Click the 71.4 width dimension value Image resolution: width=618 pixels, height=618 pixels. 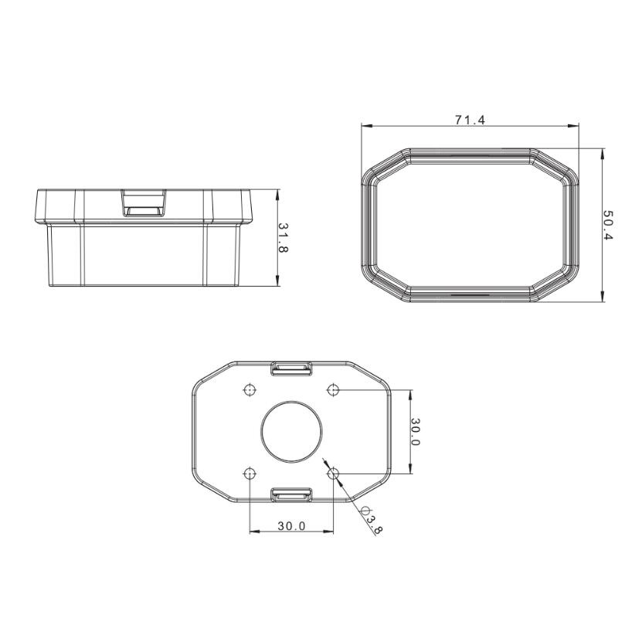coord(470,120)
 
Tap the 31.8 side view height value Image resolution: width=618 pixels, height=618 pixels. coord(284,238)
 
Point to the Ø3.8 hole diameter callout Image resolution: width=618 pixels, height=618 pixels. coord(372,520)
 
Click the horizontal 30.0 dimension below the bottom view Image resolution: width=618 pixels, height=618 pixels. coord(291,526)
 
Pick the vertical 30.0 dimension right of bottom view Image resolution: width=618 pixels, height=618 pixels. coord(416,432)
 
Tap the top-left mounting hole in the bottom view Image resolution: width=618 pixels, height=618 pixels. coord(250,390)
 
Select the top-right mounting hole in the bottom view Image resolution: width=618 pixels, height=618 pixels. coord(333,390)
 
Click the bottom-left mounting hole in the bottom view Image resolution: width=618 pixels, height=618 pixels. coord(250,474)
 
